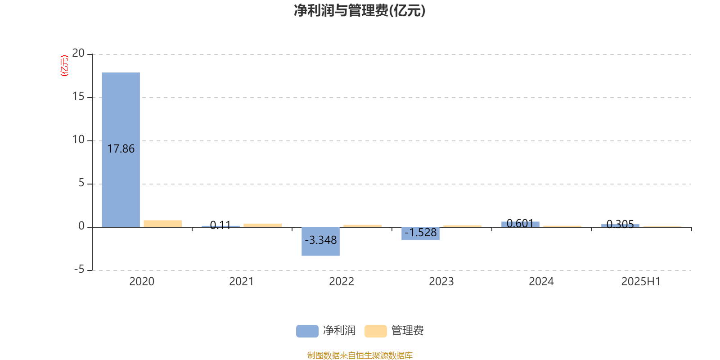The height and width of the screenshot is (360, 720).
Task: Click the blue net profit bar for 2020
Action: click(x=121, y=150)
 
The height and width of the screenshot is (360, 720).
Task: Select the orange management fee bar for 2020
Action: click(x=162, y=224)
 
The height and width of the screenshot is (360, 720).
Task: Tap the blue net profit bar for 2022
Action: click(x=320, y=241)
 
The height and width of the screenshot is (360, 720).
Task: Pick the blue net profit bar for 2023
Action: click(x=420, y=234)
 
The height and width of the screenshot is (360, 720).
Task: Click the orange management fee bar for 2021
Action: click(x=263, y=225)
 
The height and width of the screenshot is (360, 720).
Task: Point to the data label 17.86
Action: click(x=121, y=149)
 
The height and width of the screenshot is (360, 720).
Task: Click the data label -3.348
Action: click(x=320, y=240)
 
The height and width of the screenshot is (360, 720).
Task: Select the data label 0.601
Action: click(x=520, y=223)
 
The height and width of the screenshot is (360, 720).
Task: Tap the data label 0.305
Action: click(x=620, y=225)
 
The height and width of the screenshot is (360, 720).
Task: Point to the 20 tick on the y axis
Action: click(x=78, y=53)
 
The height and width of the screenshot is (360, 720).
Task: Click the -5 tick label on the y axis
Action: click(x=79, y=270)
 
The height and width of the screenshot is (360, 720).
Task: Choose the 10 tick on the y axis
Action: click(x=78, y=139)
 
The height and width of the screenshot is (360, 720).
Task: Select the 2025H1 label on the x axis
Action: click(x=641, y=282)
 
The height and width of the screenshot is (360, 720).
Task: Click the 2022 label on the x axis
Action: click(x=342, y=282)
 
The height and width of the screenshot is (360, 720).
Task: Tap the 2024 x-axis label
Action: click(x=541, y=282)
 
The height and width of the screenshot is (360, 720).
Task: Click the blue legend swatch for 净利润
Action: click(x=307, y=331)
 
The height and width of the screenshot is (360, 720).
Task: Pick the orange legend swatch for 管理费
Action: click(x=375, y=331)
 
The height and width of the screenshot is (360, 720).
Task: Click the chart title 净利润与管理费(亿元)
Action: click(x=360, y=11)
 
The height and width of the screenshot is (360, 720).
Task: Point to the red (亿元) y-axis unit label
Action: click(x=65, y=66)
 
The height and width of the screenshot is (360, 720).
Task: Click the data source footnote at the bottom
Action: click(x=360, y=355)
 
